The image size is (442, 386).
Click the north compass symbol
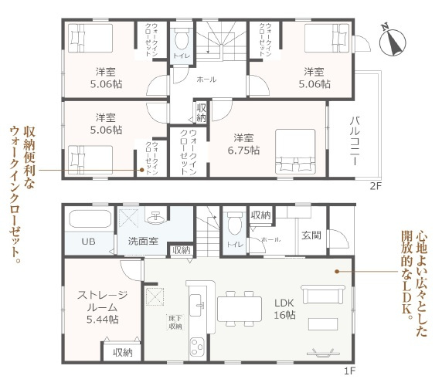point(394,39)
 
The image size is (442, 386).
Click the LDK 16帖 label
point(285,310)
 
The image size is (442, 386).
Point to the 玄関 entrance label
point(311,235)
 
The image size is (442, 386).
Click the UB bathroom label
point(90,242)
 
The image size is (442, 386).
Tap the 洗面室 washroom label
point(143,242)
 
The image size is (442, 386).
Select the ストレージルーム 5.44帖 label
point(98,306)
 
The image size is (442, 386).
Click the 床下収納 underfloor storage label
point(175,321)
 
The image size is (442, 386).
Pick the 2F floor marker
point(376,186)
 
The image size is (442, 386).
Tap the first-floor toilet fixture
point(235,222)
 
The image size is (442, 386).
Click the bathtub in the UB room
point(90,219)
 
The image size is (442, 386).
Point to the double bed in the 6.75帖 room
point(291,149)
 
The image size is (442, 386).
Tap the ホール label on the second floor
point(206,80)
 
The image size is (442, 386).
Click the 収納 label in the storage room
point(121,352)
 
